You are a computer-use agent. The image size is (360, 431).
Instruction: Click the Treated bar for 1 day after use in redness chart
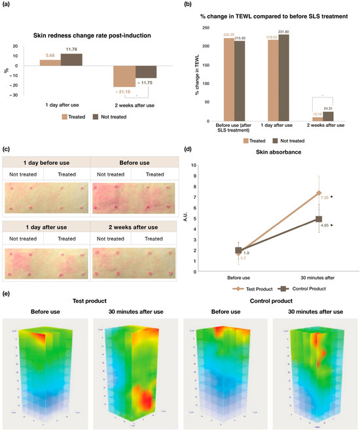click(49, 63)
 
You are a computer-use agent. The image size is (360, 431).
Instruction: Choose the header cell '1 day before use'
click(46, 162)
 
